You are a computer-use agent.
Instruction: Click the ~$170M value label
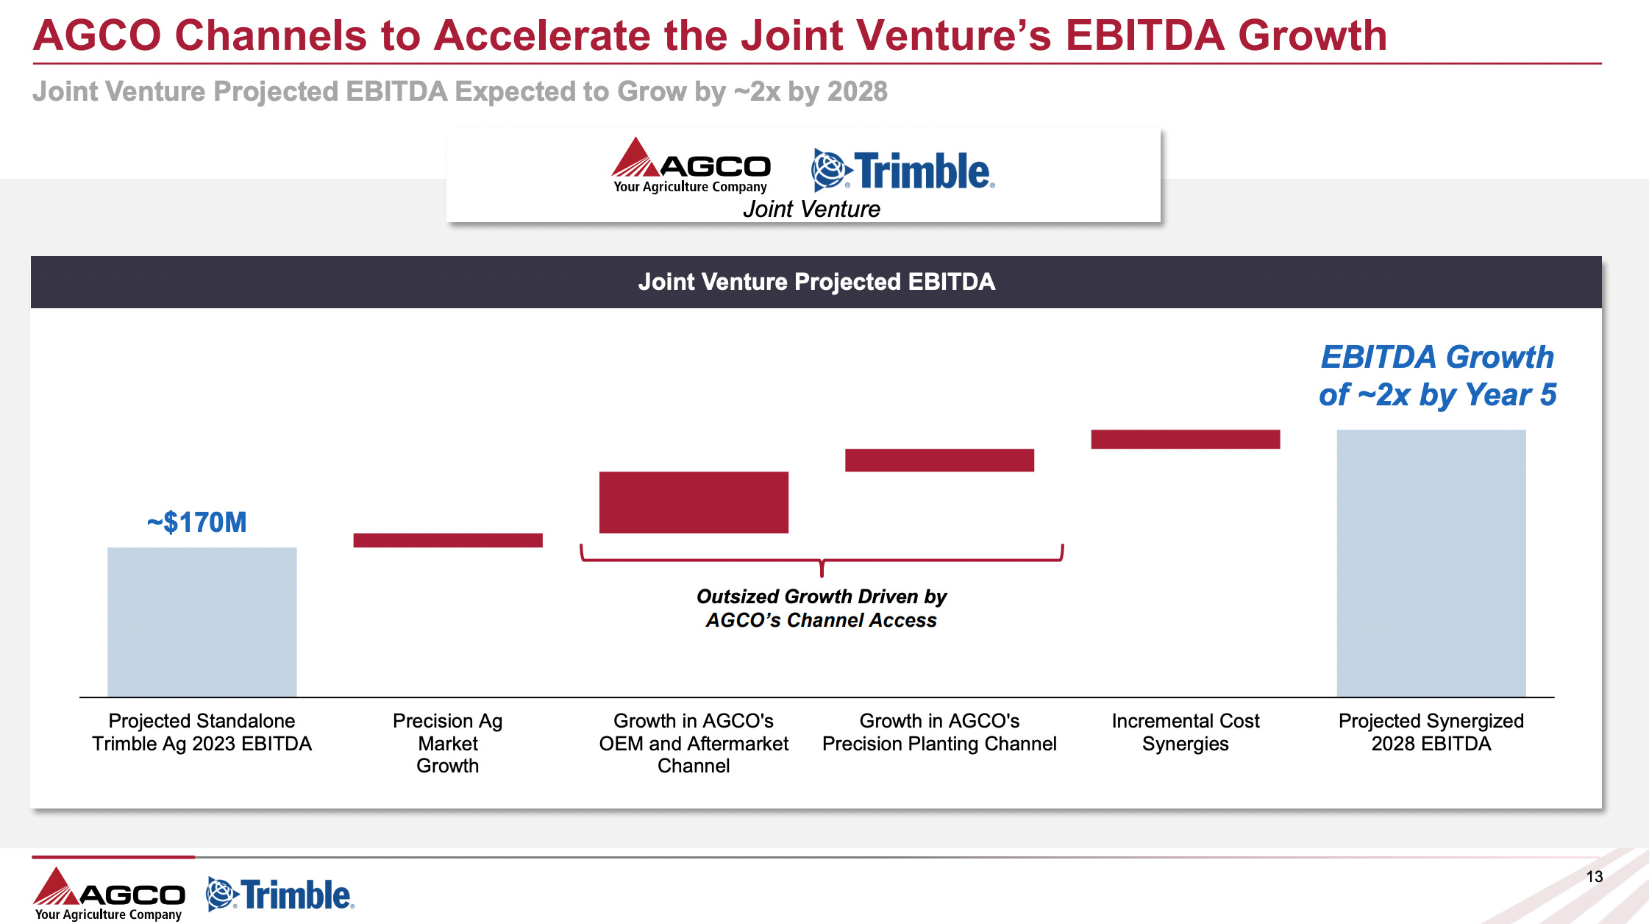tap(196, 522)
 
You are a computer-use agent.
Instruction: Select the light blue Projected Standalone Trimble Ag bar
tap(202, 622)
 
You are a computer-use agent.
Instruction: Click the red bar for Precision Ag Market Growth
tap(448, 540)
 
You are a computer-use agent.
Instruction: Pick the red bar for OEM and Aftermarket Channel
tap(694, 502)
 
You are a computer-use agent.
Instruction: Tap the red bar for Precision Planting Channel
tap(939, 460)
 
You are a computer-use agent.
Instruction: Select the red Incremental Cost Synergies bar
tap(1185, 439)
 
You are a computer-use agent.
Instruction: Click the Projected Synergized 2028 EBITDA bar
tap(1431, 563)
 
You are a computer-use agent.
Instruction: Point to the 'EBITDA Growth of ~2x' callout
tap(1437, 376)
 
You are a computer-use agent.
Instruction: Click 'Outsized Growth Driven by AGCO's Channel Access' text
tap(821, 608)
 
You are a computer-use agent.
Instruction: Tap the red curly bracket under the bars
tap(822, 561)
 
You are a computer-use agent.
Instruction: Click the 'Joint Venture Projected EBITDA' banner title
tap(816, 282)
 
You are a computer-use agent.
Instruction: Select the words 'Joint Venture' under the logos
tap(811, 210)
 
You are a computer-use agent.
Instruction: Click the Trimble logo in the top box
tap(902, 170)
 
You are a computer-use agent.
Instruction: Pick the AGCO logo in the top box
tap(691, 166)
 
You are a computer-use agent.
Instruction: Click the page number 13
tap(1594, 876)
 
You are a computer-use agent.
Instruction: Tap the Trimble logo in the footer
tap(280, 895)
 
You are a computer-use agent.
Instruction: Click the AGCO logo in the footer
tap(109, 893)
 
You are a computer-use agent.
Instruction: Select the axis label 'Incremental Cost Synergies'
tap(1185, 732)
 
